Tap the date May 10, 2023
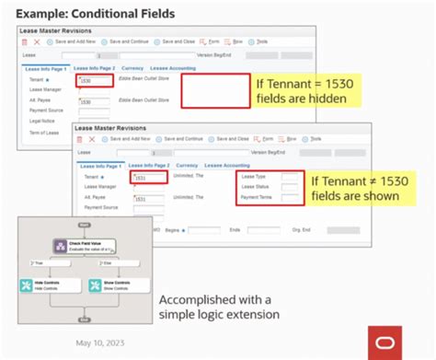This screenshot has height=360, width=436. coord(104,341)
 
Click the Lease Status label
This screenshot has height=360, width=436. coord(254,187)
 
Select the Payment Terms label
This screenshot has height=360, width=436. coord(256,197)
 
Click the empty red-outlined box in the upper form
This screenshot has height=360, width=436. coord(215,92)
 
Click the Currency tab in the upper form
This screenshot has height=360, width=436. coord(133,68)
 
